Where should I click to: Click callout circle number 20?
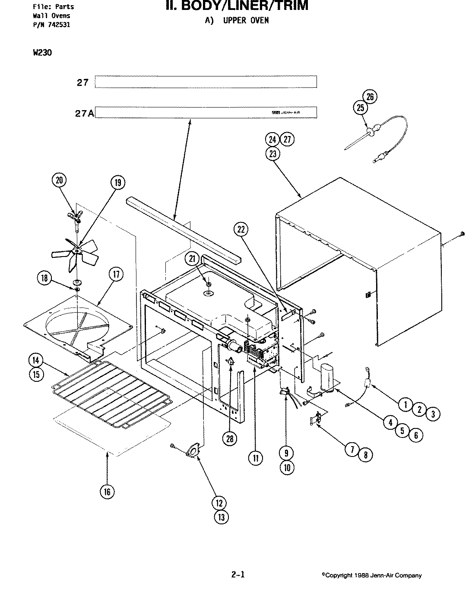point(59,180)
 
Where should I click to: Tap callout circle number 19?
point(117,183)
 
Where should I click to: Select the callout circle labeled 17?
point(116,274)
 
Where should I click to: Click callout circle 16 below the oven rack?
point(107,491)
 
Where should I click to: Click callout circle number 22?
point(242,230)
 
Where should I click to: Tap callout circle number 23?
point(272,154)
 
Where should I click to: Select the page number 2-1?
point(238,574)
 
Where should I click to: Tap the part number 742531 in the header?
point(59,25)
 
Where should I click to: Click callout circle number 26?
point(370,97)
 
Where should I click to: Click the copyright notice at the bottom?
point(371,575)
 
